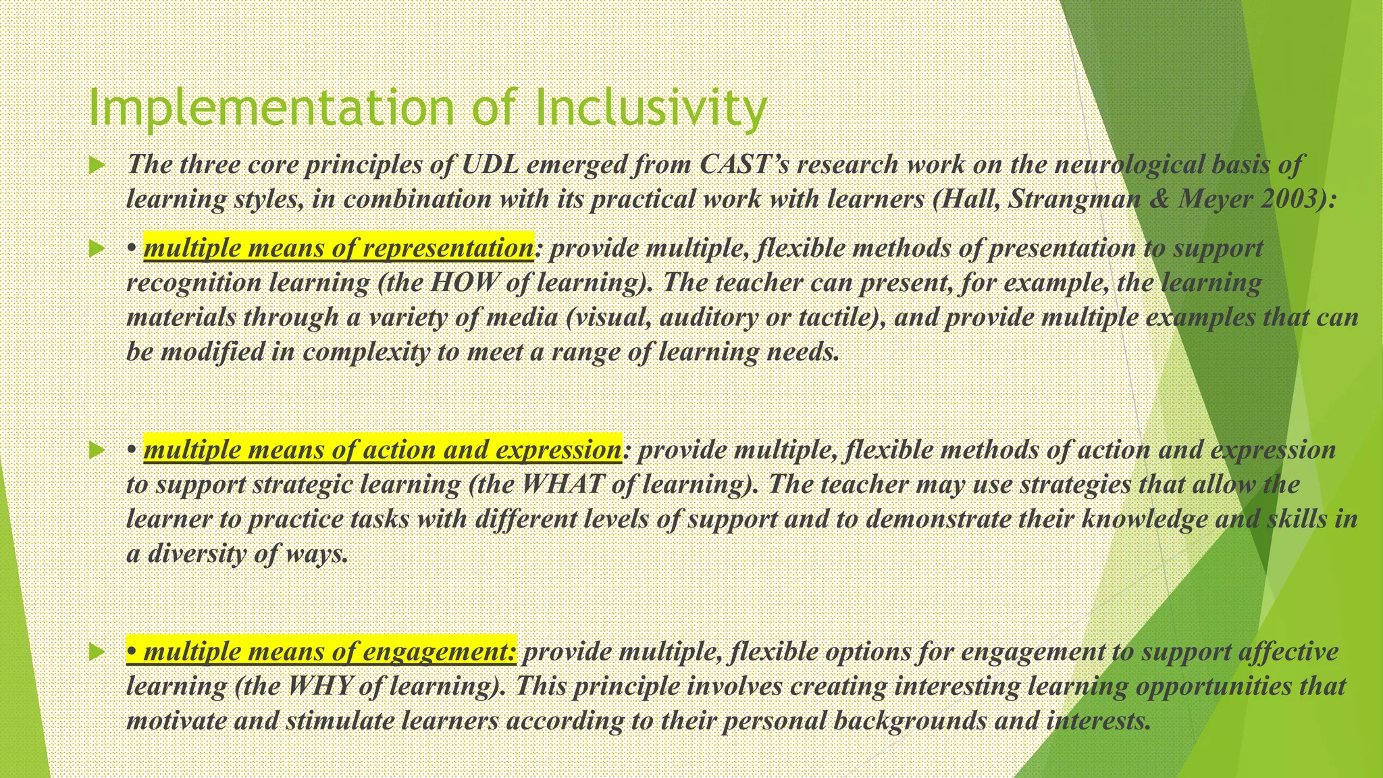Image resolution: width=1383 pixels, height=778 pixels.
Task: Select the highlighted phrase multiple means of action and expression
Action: pyautogui.click(x=382, y=450)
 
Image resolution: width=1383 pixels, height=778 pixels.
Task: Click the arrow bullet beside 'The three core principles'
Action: pyautogui.click(x=98, y=165)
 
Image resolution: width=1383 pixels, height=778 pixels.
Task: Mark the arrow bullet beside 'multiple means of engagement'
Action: pyautogui.click(x=98, y=652)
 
